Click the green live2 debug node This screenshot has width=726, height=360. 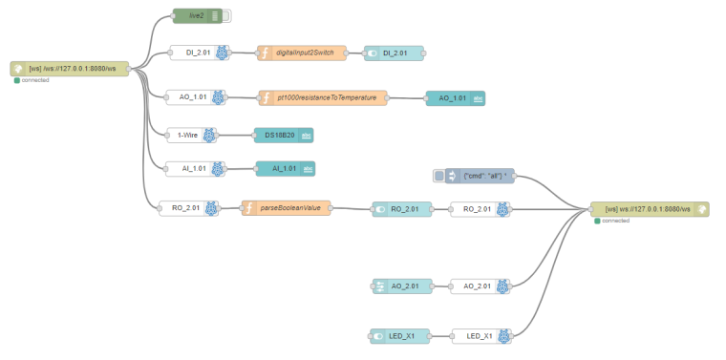click(x=196, y=15)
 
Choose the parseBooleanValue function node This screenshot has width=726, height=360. click(x=288, y=208)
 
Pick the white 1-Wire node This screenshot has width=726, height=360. click(x=189, y=135)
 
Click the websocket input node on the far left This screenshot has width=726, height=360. click(x=70, y=69)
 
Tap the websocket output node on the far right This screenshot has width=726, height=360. click(x=650, y=209)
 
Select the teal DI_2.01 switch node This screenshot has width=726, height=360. click(x=394, y=53)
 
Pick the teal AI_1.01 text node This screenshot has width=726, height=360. click(x=285, y=169)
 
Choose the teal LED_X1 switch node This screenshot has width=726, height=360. click(x=399, y=335)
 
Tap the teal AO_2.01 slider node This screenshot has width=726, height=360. click(x=399, y=286)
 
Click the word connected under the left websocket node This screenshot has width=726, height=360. click(x=35, y=80)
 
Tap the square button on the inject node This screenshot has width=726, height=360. click(x=438, y=176)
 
